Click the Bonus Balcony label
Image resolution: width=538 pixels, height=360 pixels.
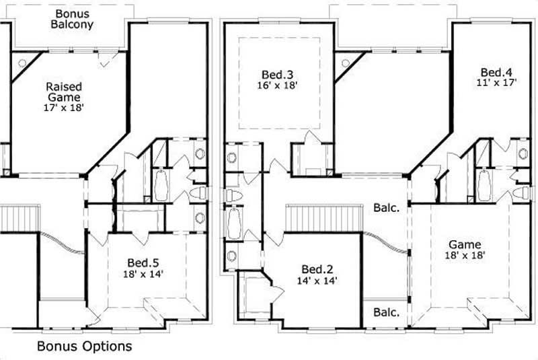pos(74,19)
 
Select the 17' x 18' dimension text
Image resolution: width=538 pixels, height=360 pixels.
pos(65,108)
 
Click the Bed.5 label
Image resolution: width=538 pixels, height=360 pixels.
pos(143,263)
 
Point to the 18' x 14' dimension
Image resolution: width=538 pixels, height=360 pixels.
pos(143,275)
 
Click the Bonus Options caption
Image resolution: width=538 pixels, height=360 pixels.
pos(84,347)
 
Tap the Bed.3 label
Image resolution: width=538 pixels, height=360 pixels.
pos(278,74)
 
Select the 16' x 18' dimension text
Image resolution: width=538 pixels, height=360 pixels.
pos(278,85)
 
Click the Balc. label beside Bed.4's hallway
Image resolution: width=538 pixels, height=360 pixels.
pos(387,209)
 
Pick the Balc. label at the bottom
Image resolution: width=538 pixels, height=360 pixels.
pos(387,312)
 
